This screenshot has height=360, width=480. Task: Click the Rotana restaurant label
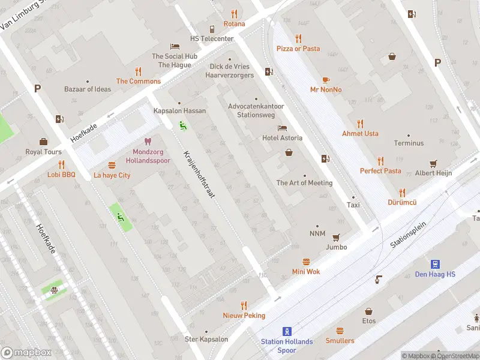click(234, 24)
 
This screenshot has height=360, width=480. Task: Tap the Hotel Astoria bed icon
click(282, 128)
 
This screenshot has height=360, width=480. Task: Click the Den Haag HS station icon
click(436, 264)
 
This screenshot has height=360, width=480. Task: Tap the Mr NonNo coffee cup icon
click(326, 80)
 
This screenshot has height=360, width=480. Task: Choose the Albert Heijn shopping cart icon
click(433, 163)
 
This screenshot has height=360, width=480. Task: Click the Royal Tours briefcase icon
click(43, 142)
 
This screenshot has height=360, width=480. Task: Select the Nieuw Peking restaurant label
click(244, 316)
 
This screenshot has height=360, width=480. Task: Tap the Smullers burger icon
click(340, 331)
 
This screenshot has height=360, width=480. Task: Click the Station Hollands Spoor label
click(287, 346)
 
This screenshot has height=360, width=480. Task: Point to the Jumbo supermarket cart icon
click(336, 237)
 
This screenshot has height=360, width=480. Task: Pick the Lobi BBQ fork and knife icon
click(61, 164)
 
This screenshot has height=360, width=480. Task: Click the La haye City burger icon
click(112, 165)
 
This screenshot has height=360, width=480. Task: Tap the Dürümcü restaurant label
click(402, 203)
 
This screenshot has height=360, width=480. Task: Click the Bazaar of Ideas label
click(88, 89)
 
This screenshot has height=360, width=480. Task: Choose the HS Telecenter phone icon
click(212, 29)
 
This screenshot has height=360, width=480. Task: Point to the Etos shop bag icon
click(368, 311)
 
